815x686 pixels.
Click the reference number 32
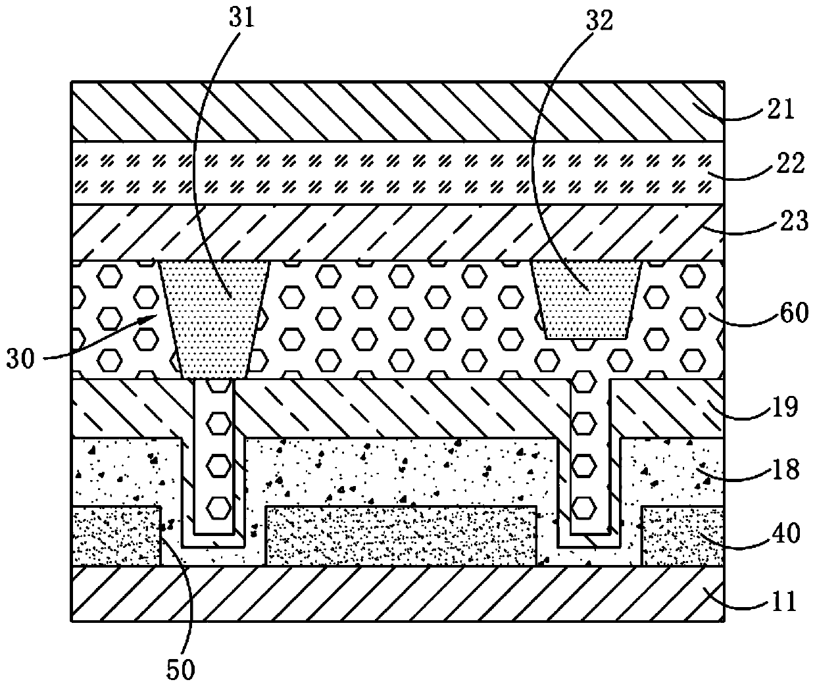[597, 20]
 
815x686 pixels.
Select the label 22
[790, 163]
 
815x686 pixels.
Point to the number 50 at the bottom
[180, 669]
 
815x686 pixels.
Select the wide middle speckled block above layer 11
[401, 535]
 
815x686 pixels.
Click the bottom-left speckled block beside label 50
[115, 535]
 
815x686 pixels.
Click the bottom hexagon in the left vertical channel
[214, 506]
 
